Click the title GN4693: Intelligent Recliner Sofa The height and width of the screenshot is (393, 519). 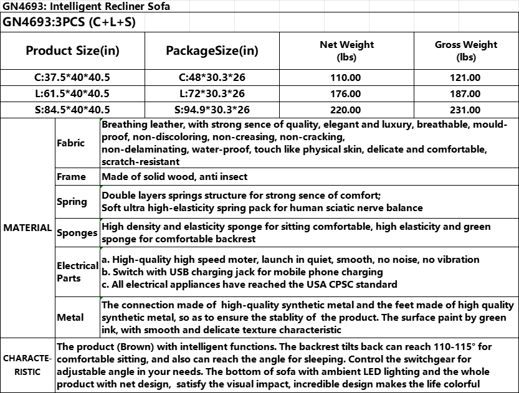[x=86, y=7]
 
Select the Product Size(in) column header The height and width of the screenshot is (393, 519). [x=73, y=50]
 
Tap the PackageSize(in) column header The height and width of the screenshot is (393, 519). [x=212, y=50]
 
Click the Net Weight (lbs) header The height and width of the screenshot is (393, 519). [x=346, y=50]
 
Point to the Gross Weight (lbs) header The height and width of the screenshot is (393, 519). [x=466, y=50]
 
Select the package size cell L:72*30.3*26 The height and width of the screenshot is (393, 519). [x=212, y=94]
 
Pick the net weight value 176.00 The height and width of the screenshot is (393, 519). [x=346, y=94]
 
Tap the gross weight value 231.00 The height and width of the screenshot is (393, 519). [x=466, y=110]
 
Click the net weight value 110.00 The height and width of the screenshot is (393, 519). [x=346, y=78]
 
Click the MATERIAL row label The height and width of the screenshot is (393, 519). [x=27, y=228]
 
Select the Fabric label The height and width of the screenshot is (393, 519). [x=70, y=143]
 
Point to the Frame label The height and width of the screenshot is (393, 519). [x=71, y=177]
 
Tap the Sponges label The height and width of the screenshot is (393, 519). [x=77, y=233]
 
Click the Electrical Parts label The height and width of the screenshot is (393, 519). [x=77, y=272]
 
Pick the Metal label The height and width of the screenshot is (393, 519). [x=70, y=317]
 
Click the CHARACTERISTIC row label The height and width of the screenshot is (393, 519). [x=27, y=365]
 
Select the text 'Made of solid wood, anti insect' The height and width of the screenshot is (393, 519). [x=174, y=177]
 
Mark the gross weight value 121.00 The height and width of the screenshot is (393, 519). [x=466, y=78]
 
